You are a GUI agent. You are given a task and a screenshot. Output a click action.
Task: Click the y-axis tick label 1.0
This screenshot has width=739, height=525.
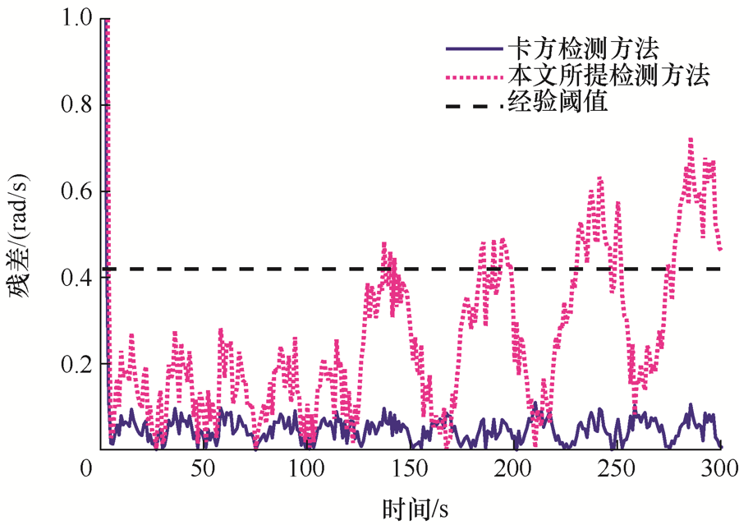(x=79, y=18)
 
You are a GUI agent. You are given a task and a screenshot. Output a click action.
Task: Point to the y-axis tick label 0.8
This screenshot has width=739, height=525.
(x=79, y=104)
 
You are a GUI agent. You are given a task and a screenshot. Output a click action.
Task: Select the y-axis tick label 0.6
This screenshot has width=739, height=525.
(x=79, y=191)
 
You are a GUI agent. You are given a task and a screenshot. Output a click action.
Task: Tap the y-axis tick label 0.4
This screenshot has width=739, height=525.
(x=79, y=277)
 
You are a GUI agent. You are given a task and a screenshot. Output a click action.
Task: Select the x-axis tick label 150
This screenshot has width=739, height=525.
(x=410, y=470)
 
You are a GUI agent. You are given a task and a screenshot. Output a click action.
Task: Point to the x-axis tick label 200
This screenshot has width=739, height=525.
(x=513, y=470)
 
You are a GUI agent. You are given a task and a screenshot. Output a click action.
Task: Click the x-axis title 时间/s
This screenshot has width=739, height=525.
(x=414, y=505)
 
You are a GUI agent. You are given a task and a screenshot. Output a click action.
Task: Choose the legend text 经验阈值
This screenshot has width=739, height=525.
(x=557, y=104)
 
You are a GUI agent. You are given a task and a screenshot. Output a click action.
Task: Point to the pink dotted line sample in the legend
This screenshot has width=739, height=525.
(x=472, y=77)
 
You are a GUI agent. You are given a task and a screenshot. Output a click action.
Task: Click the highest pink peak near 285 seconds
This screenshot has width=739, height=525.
(x=691, y=140)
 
